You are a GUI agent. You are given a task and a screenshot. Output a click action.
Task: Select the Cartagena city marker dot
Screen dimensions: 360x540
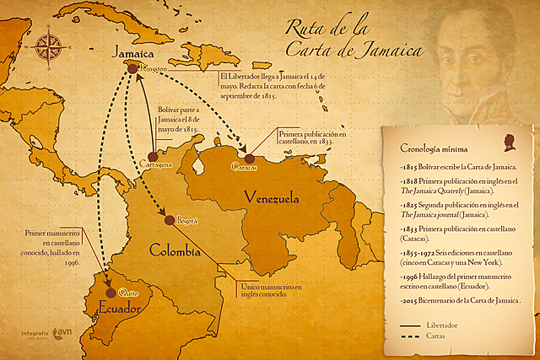(x=153, y=157)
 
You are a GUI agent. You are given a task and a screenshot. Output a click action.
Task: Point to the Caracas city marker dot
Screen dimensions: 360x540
(x=250, y=157)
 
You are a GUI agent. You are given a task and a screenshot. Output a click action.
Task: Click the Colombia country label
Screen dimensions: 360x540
(x=175, y=250)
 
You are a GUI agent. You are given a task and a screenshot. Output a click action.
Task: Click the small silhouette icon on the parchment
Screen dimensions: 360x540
(x=509, y=141)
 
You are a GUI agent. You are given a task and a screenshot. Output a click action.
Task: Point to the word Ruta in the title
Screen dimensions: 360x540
(x=305, y=29)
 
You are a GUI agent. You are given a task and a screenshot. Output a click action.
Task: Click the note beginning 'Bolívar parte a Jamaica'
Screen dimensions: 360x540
(x=177, y=120)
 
